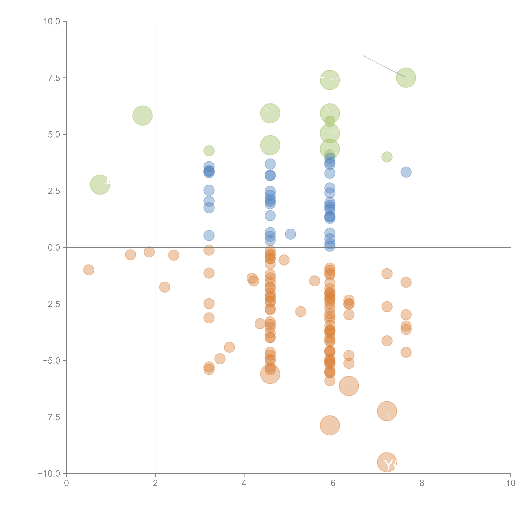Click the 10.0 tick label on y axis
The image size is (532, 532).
[52, 21]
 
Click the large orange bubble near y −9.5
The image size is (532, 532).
[387, 462]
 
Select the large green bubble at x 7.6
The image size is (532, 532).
[406, 78]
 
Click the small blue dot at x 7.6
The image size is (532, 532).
[406, 172]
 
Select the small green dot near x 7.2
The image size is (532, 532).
[387, 157]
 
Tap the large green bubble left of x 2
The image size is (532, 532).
[142, 116]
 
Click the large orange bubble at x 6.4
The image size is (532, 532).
[349, 386]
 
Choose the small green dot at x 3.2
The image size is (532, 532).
[209, 151]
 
